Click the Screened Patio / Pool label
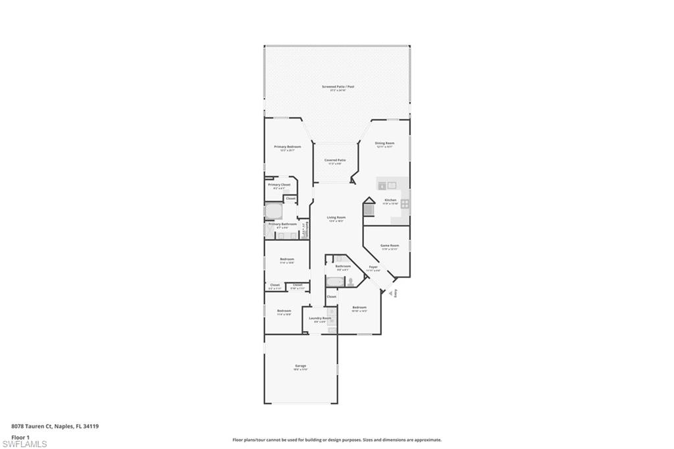pyautogui.click(x=337, y=87)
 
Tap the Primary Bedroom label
pyautogui.click(x=288, y=147)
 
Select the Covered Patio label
pyautogui.click(x=335, y=161)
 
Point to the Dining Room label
pyautogui.click(x=384, y=144)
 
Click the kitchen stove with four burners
pyautogui.click(x=404, y=203)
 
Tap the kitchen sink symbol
pyautogui.click(x=391, y=185)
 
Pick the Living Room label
pyautogui.click(x=336, y=218)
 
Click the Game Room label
pyautogui.click(x=390, y=246)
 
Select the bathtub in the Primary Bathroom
pyautogui.click(x=273, y=211)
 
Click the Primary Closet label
pyautogui.click(x=278, y=186)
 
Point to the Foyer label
pyautogui.click(x=373, y=268)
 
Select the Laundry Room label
pyautogui.click(x=320, y=319)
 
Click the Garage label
pyautogui.click(x=300, y=367)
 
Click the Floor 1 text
pyautogui.click(x=20, y=436)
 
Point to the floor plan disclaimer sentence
pyautogui.click(x=336, y=440)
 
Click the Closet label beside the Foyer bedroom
pyautogui.click(x=331, y=296)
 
